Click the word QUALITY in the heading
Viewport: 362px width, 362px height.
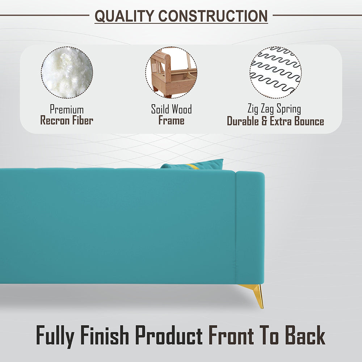124,16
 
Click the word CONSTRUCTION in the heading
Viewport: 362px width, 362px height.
213,16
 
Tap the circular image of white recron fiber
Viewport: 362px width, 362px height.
67,72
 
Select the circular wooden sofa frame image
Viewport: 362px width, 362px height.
171,72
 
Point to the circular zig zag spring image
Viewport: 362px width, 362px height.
275,72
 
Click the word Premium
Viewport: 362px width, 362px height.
67,109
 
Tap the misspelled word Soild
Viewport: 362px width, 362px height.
160,109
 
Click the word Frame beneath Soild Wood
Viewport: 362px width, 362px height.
171,120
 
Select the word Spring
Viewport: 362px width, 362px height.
289,109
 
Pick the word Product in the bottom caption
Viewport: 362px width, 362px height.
169,336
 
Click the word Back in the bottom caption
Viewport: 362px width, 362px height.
305,336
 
